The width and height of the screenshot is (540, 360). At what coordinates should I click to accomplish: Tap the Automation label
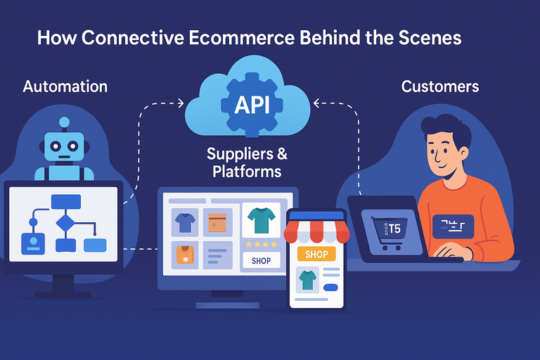coord(65,86)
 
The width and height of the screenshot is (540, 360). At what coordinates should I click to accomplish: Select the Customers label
coord(440,86)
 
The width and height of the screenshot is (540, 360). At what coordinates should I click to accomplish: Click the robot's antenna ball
coord(65,122)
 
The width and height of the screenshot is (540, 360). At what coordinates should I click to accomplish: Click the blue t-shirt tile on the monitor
coord(185,223)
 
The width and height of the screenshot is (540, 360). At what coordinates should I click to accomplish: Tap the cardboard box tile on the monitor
coord(217,223)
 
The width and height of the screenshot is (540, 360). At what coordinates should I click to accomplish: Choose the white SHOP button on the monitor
coord(261,260)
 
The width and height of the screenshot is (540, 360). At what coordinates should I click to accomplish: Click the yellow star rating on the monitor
coord(260,244)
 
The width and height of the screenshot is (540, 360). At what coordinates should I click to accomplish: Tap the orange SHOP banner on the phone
coord(316,253)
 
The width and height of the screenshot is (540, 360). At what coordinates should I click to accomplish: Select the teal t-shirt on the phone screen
coord(308,281)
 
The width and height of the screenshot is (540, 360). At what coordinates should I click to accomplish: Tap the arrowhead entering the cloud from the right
coord(316,104)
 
